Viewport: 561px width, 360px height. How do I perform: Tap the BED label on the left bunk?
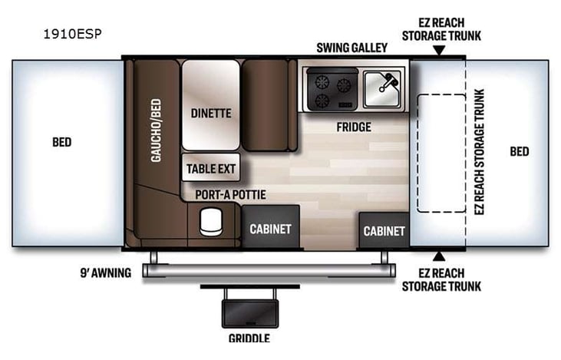(63, 143)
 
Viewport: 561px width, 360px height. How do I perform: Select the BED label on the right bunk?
(520, 151)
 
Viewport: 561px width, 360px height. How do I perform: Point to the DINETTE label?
(210, 113)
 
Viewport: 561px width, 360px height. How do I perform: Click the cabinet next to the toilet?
(270, 229)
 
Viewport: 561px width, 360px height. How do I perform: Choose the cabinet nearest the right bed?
(384, 230)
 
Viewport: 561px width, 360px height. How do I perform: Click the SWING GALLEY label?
(352, 48)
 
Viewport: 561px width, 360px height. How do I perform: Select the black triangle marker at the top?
(438, 51)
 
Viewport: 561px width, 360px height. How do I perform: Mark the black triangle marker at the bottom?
(438, 255)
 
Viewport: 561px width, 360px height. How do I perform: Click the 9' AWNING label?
(104, 272)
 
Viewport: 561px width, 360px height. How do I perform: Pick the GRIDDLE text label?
(249, 338)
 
